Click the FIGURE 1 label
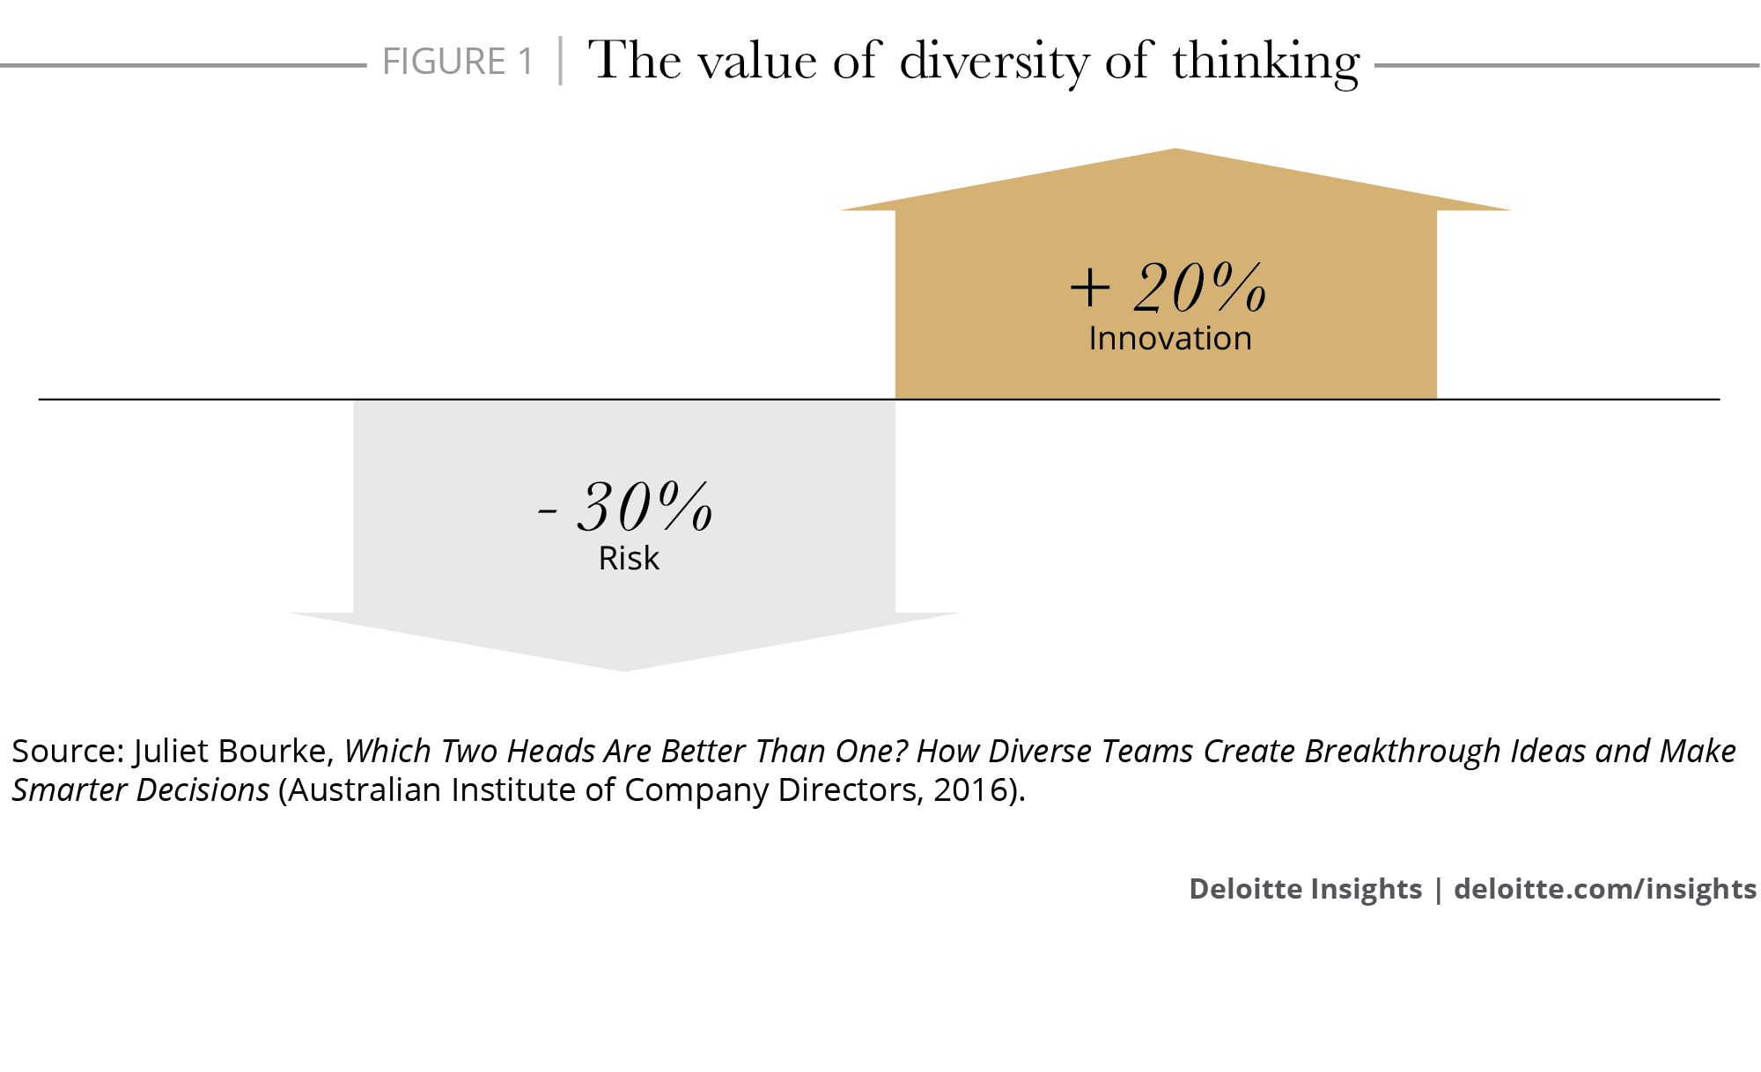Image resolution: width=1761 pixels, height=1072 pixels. [x=458, y=62]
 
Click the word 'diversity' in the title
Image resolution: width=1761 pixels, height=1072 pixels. [x=994, y=62]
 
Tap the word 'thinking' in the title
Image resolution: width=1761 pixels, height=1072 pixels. [x=1265, y=62]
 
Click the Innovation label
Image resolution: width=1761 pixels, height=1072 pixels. [x=1169, y=339]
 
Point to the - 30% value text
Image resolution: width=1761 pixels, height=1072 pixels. [x=625, y=507]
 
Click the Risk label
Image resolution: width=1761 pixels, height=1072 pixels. [x=629, y=559]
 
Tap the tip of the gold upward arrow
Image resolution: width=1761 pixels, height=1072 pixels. [x=1175, y=152]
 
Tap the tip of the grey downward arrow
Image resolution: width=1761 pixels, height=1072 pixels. [x=624, y=668]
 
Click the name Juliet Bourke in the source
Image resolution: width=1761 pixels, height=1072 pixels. [x=231, y=752]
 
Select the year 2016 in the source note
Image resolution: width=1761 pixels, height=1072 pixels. [x=970, y=790]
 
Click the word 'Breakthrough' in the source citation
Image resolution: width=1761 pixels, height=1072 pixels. [x=1402, y=752]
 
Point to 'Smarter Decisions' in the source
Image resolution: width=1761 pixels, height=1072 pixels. [x=141, y=790]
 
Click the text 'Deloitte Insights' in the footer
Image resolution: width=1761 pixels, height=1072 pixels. [x=1305, y=889]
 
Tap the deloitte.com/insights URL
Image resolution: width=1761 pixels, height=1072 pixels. [x=1604, y=889]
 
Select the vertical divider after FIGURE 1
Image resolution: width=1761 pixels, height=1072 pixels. [x=560, y=61]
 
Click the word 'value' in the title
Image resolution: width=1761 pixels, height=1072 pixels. [x=757, y=62]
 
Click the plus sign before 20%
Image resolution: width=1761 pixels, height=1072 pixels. [x=1090, y=289]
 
